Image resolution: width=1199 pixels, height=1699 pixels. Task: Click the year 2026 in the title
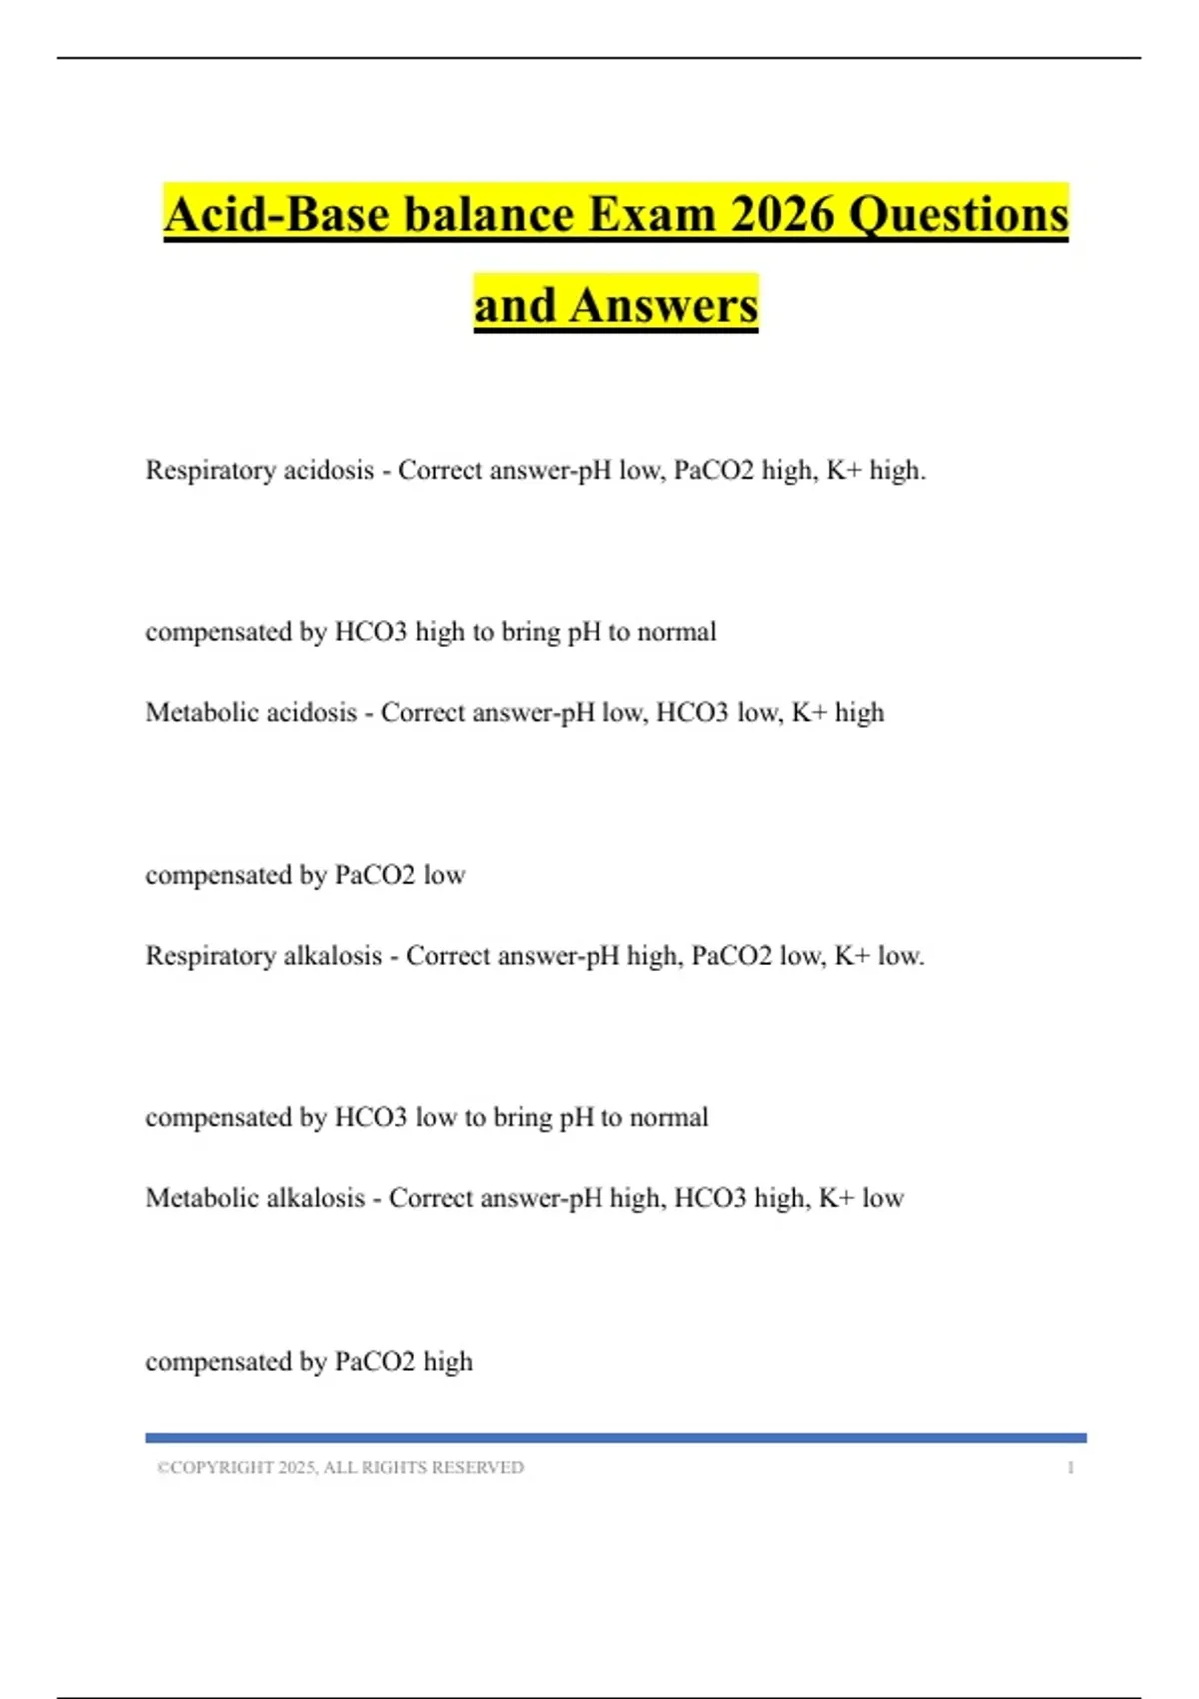coord(782,214)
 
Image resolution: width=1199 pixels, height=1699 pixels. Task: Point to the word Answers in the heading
coord(663,304)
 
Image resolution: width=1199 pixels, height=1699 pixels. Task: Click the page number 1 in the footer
coord(1070,1467)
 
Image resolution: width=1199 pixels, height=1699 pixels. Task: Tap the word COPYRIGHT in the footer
coord(221,1467)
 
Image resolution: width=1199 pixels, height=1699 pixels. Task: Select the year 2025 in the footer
coord(297,1467)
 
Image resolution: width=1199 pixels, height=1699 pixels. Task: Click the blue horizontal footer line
coord(615,1437)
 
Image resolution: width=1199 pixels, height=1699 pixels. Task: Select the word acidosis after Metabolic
coord(311,712)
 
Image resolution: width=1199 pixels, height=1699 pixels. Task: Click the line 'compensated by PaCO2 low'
coord(305,875)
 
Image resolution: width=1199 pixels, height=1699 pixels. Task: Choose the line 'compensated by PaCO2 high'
coord(309,1361)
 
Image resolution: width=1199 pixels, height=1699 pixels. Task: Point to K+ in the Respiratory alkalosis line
coord(852,956)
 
